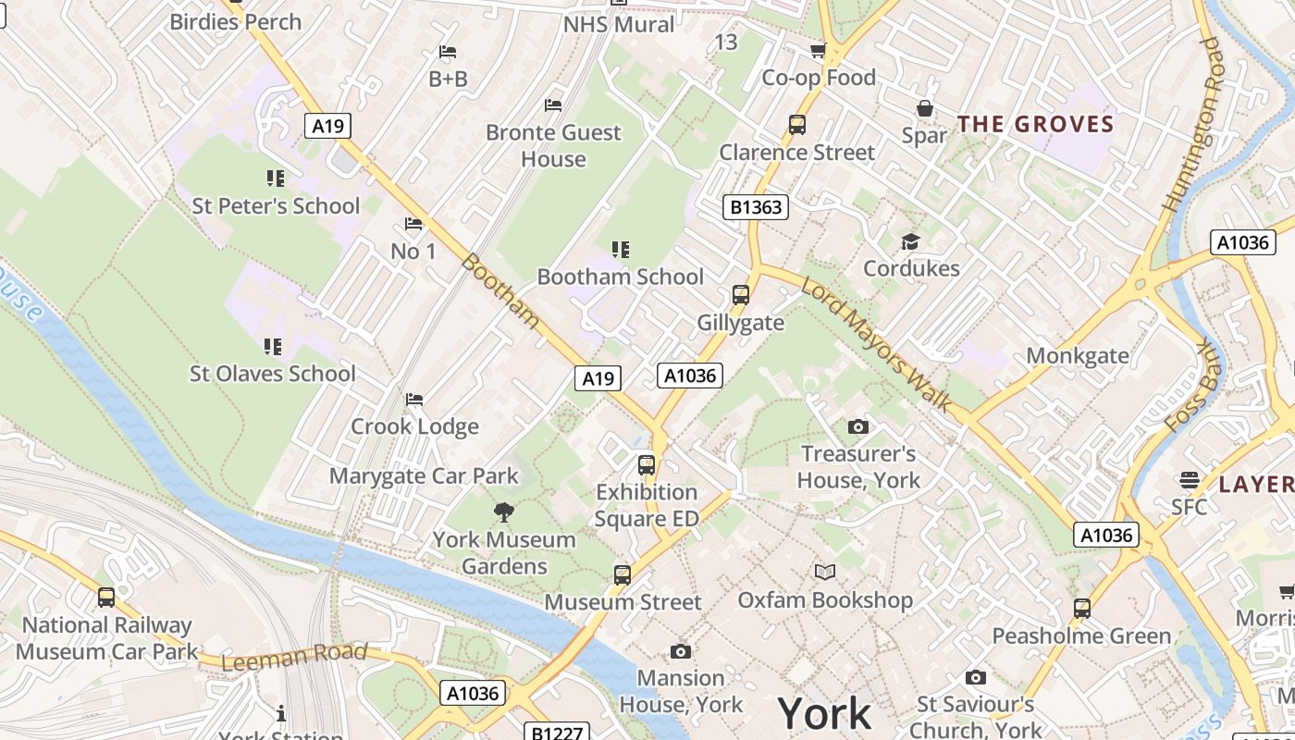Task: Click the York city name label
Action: pos(824,713)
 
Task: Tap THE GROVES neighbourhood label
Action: pos(1035,124)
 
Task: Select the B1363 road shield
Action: pos(756,207)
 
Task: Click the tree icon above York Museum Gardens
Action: pos(504,512)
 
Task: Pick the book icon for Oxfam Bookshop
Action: pos(824,573)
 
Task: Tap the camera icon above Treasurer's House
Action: pos(858,427)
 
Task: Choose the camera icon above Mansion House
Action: pos(681,651)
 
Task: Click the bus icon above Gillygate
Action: pos(741,295)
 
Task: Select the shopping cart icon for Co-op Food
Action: pos(819,50)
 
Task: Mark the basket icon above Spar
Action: pos(924,109)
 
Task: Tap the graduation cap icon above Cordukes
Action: pos(911,242)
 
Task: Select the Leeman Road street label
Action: pos(294,656)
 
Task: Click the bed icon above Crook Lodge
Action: pos(414,400)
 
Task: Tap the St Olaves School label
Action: pos(273,374)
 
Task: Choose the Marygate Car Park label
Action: pos(425,476)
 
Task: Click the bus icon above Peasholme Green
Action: pos(1082,609)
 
